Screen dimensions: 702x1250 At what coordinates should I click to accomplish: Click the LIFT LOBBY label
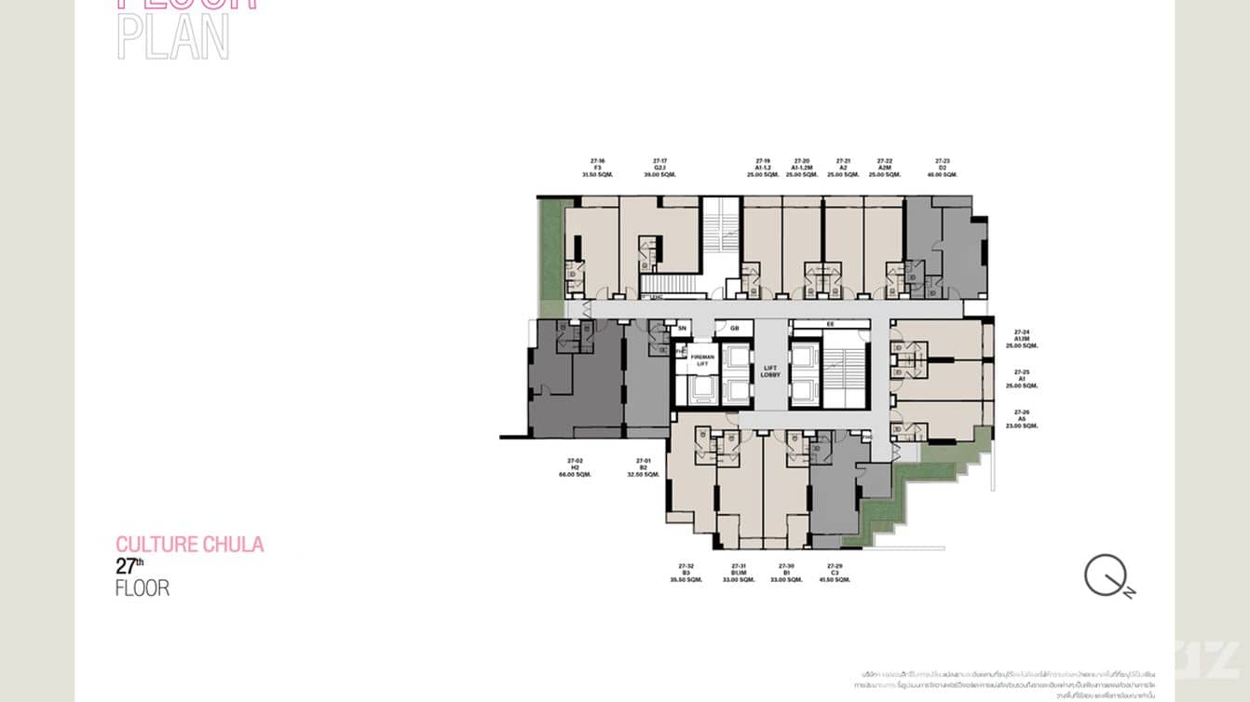pyautogui.click(x=769, y=371)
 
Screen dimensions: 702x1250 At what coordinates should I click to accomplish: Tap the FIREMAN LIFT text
pyautogui.click(x=702, y=360)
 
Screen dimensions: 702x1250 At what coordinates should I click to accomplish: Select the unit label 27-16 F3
pyautogui.click(x=597, y=168)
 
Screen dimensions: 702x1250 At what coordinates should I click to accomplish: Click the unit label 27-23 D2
pyautogui.click(x=943, y=168)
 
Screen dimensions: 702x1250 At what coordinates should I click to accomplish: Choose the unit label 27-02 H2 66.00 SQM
pyautogui.click(x=575, y=467)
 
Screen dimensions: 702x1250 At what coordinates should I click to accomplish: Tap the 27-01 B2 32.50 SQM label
pyautogui.click(x=643, y=467)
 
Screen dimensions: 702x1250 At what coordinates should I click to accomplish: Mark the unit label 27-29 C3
pyautogui.click(x=834, y=573)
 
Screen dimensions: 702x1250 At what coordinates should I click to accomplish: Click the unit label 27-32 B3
pyautogui.click(x=686, y=573)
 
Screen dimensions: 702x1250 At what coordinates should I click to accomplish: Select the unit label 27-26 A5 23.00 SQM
pyautogui.click(x=1022, y=419)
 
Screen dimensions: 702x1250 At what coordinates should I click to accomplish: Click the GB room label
pyautogui.click(x=734, y=329)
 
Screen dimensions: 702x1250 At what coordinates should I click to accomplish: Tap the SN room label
pyautogui.click(x=682, y=329)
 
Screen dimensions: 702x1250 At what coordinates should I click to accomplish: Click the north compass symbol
pyautogui.click(x=1106, y=575)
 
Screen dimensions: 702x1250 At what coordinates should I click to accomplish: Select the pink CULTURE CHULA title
pyautogui.click(x=189, y=544)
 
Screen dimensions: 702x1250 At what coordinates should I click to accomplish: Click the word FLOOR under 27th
pyautogui.click(x=143, y=587)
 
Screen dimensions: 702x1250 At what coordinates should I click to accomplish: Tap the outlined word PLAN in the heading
pyautogui.click(x=173, y=38)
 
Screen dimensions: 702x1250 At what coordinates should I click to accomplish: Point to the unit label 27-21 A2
pyautogui.click(x=843, y=168)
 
